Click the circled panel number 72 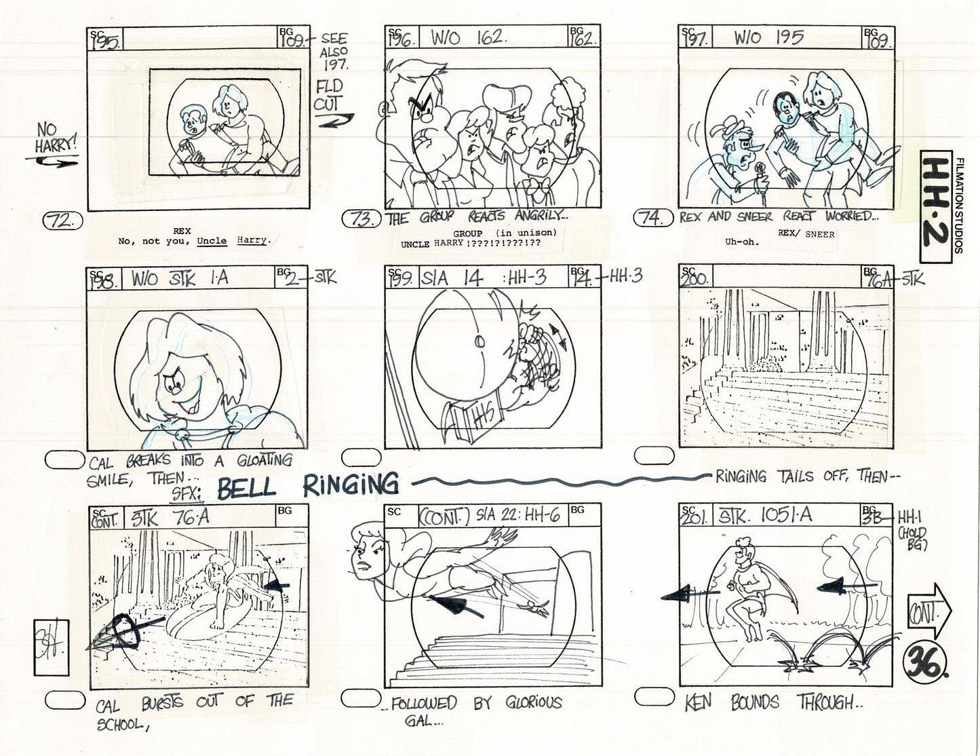click(x=62, y=221)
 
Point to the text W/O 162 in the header click(x=467, y=38)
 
